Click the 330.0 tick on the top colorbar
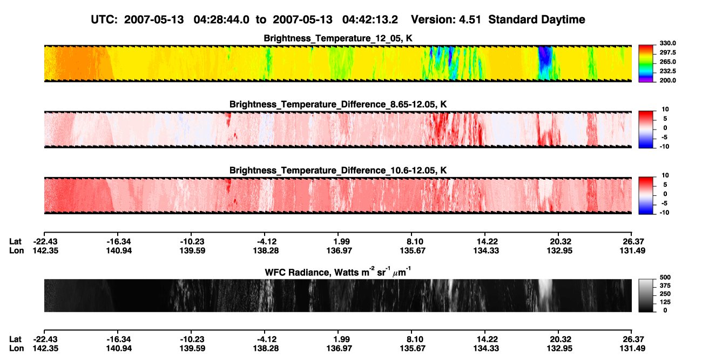click(x=667, y=43)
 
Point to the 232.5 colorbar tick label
click(x=667, y=71)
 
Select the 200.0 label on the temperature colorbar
click(x=667, y=80)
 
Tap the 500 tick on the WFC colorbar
click(x=665, y=277)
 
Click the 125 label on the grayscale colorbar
click(x=665, y=302)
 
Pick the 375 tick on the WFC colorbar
click(x=665, y=286)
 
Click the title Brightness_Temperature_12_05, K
click(x=338, y=38)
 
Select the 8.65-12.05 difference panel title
click(x=338, y=104)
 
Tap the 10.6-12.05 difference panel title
click(x=338, y=171)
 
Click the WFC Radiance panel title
click(x=338, y=272)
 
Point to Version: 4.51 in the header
click(x=446, y=19)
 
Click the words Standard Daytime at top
click(x=537, y=19)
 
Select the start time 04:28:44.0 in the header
click(x=221, y=19)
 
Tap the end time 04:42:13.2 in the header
click(x=370, y=19)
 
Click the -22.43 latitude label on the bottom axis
click(x=45, y=339)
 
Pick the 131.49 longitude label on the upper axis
click(x=632, y=250)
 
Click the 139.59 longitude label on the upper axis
click(x=192, y=250)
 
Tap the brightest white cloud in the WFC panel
click(x=545, y=291)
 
